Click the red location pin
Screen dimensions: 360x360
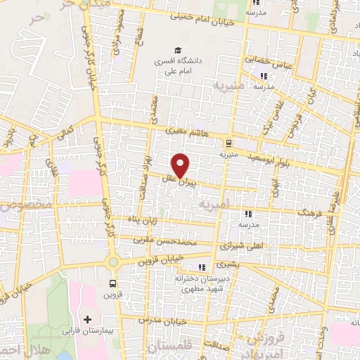(181, 165)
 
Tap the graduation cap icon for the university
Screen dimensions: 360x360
(179, 51)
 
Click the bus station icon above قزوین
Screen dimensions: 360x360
(112, 283)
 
